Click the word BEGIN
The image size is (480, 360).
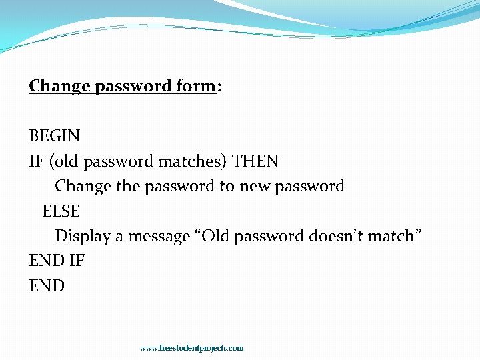pyautogui.click(x=54, y=136)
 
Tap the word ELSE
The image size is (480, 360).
pyautogui.click(x=61, y=211)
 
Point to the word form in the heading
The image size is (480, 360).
pyautogui.click(x=195, y=86)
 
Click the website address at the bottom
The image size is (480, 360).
pyautogui.click(x=191, y=348)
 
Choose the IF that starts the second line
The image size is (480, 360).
pyautogui.click(x=36, y=161)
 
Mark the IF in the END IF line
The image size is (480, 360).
pyautogui.click(x=77, y=261)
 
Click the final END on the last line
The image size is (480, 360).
pyautogui.click(x=47, y=286)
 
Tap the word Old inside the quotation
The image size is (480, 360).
pyautogui.click(x=217, y=236)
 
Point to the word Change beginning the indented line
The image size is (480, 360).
pyautogui.click(x=83, y=186)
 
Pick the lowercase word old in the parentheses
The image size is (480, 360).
pyautogui.click(x=63, y=161)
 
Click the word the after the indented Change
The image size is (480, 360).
pyautogui.click(x=127, y=186)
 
